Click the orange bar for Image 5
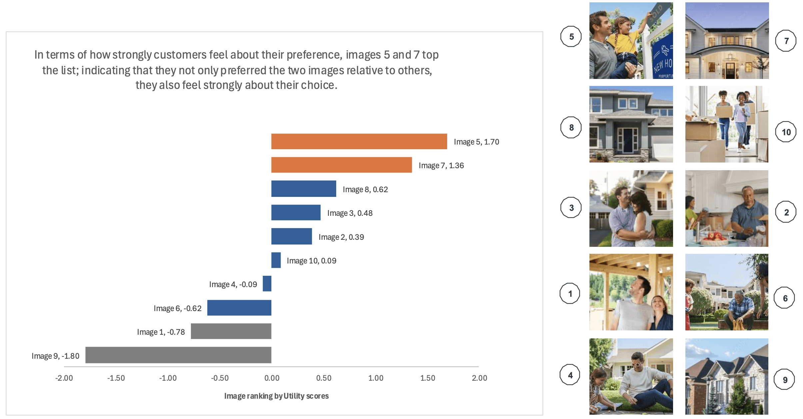click(359, 142)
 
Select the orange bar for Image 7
click(341, 165)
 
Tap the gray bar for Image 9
click(178, 355)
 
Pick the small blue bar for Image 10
click(276, 260)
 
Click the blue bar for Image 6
click(239, 308)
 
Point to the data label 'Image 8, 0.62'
click(365, 190)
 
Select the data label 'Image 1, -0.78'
click(161, 332)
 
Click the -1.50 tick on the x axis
click(116, 378)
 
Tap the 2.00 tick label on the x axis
click(479, 378)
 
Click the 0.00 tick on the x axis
click(272, 378)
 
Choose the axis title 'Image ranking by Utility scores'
click(276, 396)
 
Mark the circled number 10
click(786, 132)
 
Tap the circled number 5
click(571, 37)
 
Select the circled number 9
click(785, 380)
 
